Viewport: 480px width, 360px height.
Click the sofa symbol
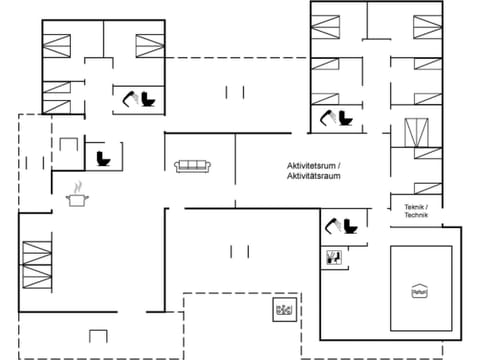click(x=191, y=166)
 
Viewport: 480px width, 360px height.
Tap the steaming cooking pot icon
click(x=77, y=197)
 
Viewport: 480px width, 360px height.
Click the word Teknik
click(x=415, y=207)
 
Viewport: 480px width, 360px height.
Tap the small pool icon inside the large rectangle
click(x=419, y=290)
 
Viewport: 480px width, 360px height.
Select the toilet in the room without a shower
click(x=102, y=158)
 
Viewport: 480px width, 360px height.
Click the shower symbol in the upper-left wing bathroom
click(x=132, y=98)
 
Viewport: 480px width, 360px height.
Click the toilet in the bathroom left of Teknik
click(x=350, y=226)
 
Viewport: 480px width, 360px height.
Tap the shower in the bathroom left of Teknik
click(x=332, y=227)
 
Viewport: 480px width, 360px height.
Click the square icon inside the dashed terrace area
click(x=282, y=310)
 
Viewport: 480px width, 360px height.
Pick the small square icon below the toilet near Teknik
click(x=334, y=257)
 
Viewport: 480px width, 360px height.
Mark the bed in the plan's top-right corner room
click(x=427, y=26)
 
